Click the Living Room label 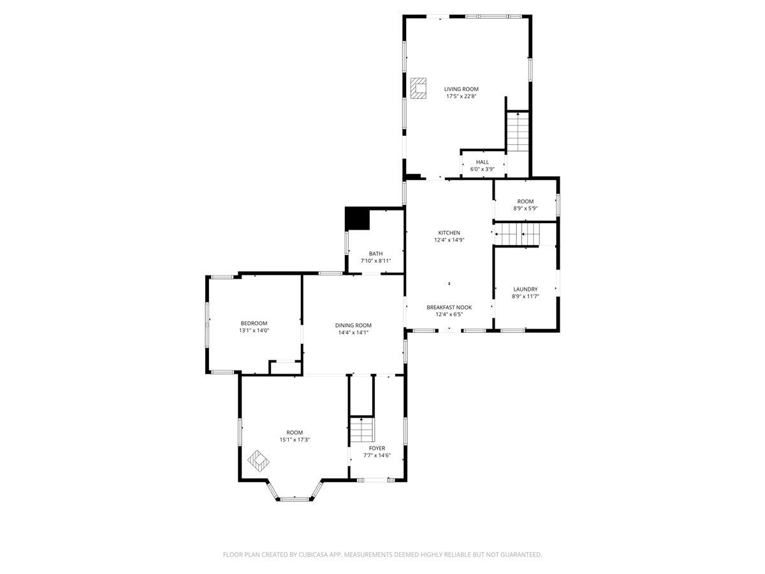click(461, 89)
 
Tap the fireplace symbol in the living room click(418, 89)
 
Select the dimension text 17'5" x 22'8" click(461, 96)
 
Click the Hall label click(482, 162)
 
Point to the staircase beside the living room click(518, 132)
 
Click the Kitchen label click(449, 233)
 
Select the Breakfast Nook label click(449, 307)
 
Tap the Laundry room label click(525, 289)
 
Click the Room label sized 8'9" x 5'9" click(525, 202)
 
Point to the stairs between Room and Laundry click(517, 234)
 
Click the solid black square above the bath click(357, 219)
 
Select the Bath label click(375, 254)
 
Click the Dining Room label click(353, 325)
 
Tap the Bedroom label click(254, 323)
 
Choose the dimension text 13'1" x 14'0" click(254, 330)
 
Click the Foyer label click(377, 448)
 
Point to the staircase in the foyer click(361, 430)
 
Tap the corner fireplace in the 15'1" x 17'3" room click(258, 460)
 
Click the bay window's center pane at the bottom click(295, 499)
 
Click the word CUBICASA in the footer click(315, 555)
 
